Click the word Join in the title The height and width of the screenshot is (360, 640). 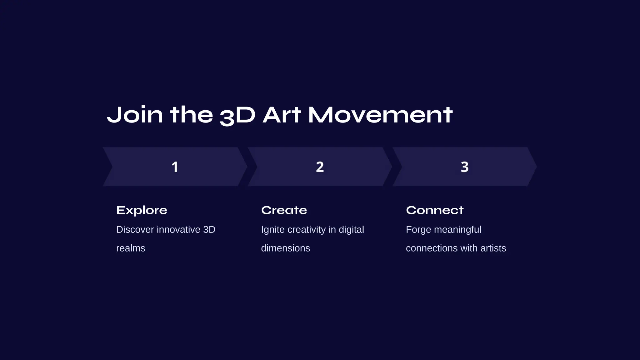pyautogui.click(x=135, y=115)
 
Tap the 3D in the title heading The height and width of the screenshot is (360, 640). pyautogui.click(x=237, y=115)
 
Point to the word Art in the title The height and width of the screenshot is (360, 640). pyautogui.click(x=282, y=115)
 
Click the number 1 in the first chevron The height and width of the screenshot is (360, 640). pyautogui.click(x=175, y=167)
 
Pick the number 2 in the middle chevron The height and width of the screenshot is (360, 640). pyautogui.click(x=320, y=167)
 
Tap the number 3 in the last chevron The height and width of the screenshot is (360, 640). pyautogui.click(x=465, y=167)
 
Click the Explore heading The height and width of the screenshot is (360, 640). pyautogui.click(x=142, y=210)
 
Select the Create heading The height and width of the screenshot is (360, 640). pyautogui.click(x=284, y=210)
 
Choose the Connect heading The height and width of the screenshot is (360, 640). pyautogui.click(x=435, y=210)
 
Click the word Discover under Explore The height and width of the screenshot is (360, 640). pyautogui.click(x=135, y=230)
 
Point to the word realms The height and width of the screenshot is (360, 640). pyautogui.click(x=131, y=248)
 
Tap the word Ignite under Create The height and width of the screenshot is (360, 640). pyautogui.click(x=272, y=230)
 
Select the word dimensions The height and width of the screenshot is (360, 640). pyautogui.click(x=285, y=248)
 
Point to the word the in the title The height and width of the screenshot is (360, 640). pyautogui.click(x=191, y=115)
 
